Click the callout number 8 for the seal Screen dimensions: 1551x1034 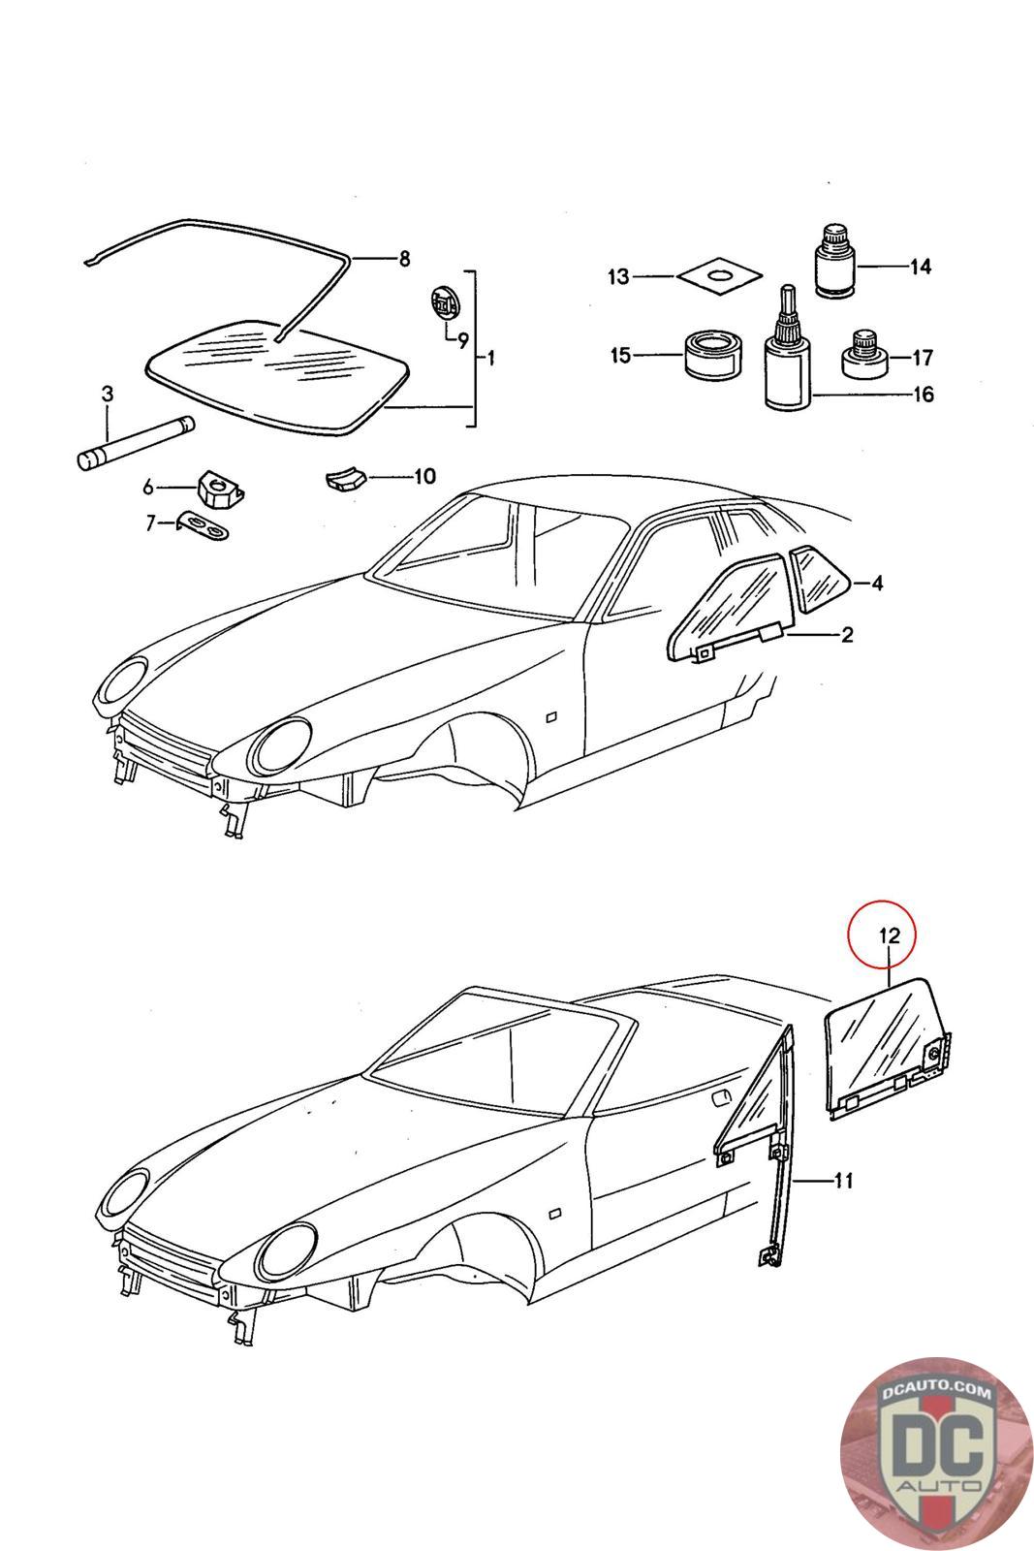[x=404, y=258]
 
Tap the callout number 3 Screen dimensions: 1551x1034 [x=108, y=394]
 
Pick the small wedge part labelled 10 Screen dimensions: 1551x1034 [x=342, y=478]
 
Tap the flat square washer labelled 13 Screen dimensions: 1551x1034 [x=718, y=276]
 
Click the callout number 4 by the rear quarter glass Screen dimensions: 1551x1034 [x=876, y=583]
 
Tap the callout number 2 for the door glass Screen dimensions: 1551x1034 [x=847, y=635]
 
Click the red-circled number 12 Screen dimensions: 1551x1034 [x=890, y=935]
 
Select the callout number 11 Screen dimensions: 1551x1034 [x=843, y=1180]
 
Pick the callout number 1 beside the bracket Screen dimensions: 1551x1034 [x=490, y=358]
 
